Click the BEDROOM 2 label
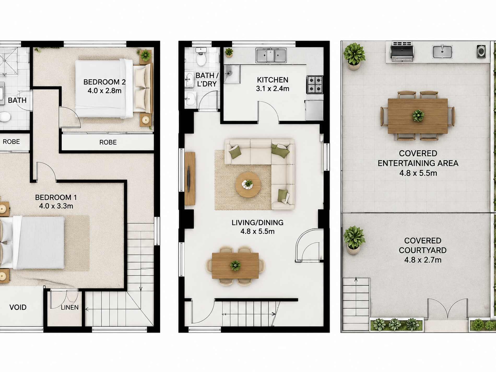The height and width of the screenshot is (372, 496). tap(104, 82)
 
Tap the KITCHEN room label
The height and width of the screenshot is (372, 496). tap(273, 80)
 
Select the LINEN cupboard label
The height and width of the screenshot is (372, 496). tap(70, 308)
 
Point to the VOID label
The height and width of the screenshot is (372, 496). tap(18, 307)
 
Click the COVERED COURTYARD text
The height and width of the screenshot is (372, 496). tap(423, 245)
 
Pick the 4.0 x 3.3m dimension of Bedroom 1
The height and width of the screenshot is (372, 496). tap(56, 206)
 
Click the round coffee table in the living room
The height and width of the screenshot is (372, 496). tap(248, 185)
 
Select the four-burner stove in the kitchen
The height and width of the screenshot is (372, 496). tap(315, 85)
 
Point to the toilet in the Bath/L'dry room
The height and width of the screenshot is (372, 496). tap(201, 56)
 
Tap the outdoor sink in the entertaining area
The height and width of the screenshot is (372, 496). tap(442, 52)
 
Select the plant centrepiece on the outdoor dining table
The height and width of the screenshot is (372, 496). tap(418, 115)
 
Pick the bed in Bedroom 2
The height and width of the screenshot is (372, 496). tap(114, 88)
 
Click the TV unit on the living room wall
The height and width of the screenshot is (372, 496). tap(190, 179)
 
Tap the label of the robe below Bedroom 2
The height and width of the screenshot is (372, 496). tap(108, 142)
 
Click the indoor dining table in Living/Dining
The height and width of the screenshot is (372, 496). tap(235, 266)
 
